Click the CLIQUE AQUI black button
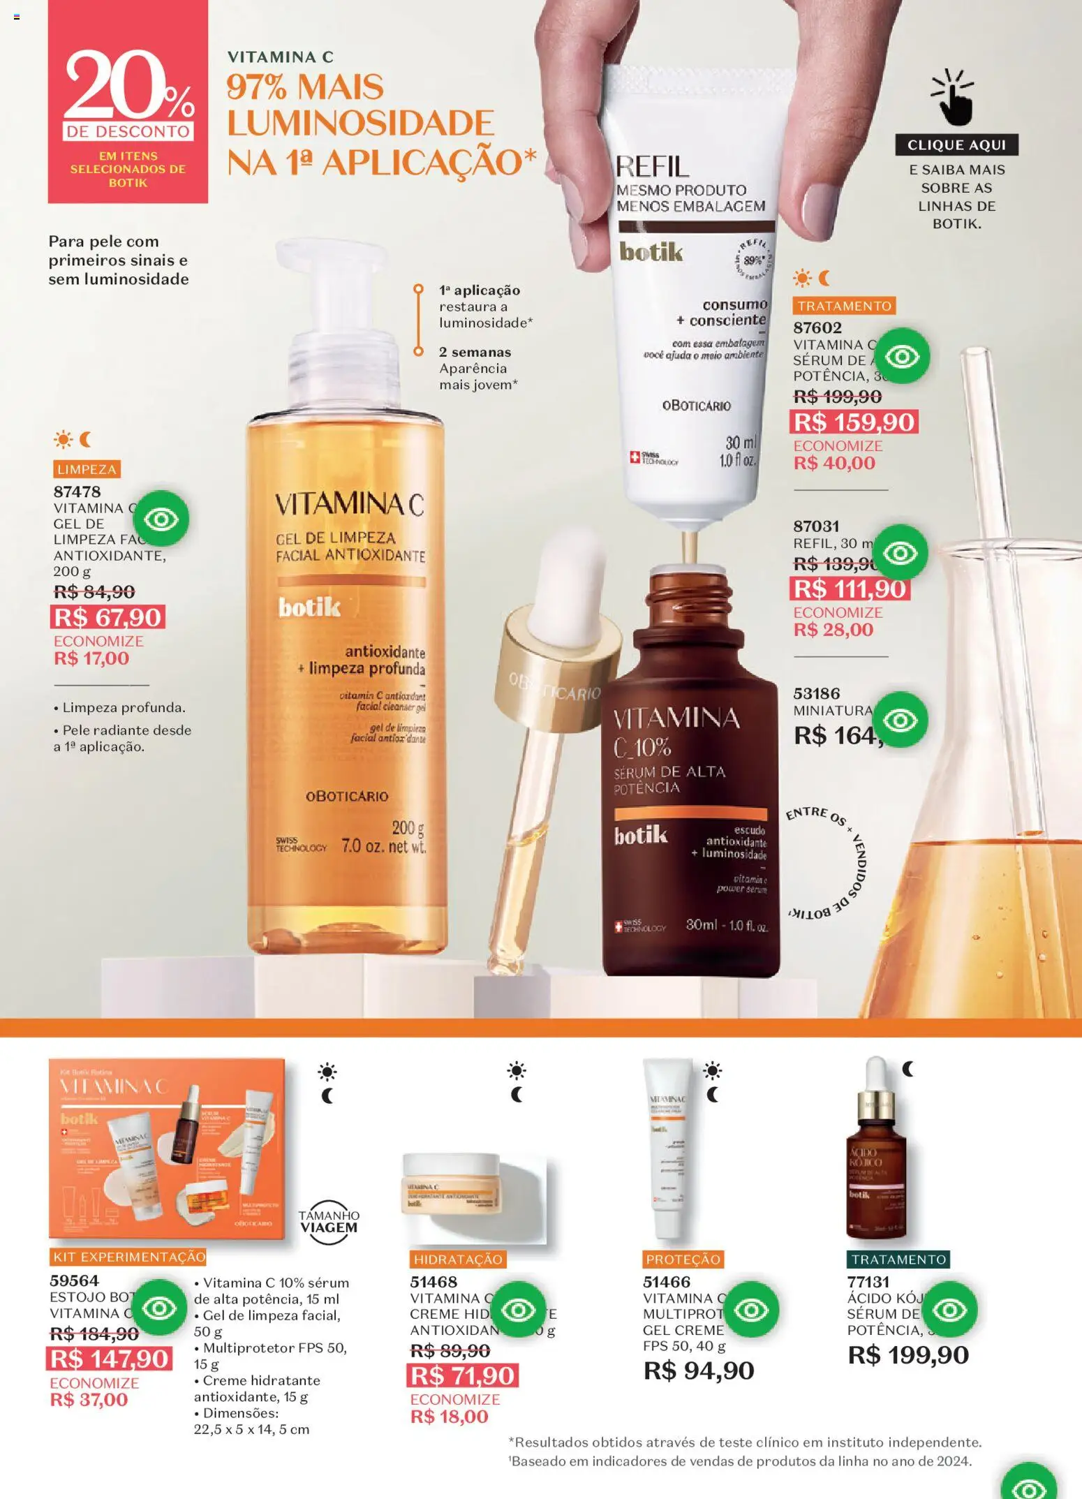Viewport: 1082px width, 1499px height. (956, 145)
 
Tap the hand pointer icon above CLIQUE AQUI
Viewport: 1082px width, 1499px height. (954, 98)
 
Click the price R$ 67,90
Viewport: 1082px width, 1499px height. (108, 617)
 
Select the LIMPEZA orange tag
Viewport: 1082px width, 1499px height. (87, 469)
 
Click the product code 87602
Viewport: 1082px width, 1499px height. (817, 327)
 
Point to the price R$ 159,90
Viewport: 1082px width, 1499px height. (854, 422)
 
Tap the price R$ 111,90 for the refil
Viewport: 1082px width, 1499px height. (850, 589)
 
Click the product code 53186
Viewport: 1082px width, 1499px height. (816, 693)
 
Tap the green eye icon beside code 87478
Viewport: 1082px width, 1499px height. (161, 519)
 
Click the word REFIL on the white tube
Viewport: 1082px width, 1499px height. (652, 167)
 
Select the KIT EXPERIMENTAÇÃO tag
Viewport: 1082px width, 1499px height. (128, 1257)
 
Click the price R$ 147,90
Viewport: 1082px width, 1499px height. (110, 1359)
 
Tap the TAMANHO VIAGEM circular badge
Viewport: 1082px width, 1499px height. (329, 1222)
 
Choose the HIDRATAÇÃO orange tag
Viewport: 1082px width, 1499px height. (458, 1259)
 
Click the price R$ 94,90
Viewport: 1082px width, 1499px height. (699, 1371)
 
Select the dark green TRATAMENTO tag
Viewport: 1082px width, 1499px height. (898, 1259)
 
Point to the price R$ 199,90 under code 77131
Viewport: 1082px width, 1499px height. (908, 1355)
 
